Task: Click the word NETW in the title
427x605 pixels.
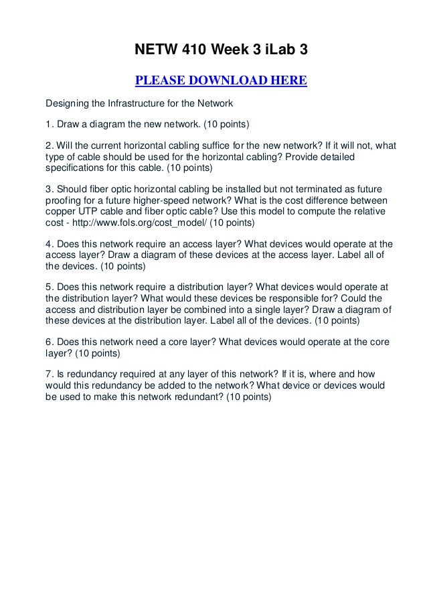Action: pyautogui.click(x=153, y=50)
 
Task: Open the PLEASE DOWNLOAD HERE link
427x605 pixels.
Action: pyautogui.click(x=221, y=82)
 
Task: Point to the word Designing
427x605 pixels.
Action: pyautogui.click(x=66, y=104)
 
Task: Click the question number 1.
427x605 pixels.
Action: pyautogui.click(x=48, y=125)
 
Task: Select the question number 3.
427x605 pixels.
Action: pyautogui.click(x=48, y=190)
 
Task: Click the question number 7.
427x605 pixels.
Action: pyautogui.click(x=48, y=372)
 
